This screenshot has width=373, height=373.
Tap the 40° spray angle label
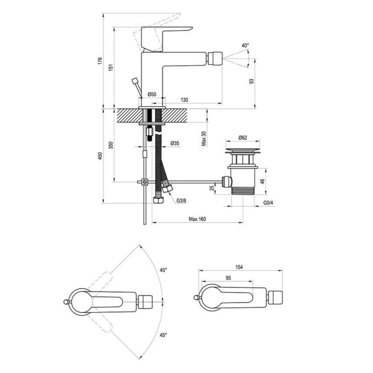pyautogui.click(x=245, y=45)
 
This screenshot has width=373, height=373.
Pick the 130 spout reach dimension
pyautogui.click(x=184, y=100)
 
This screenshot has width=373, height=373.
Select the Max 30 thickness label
pyautogui.click(x=204, y=138)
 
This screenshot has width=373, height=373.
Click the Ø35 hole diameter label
pyautogui.click(x=175, y=143)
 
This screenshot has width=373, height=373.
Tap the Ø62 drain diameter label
pyautogui.click(x=243, y=138)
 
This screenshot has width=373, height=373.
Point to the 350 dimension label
pyautogui.click(x=111, y=145)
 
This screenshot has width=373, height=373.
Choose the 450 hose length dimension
pyautogui.click(x=99, y=156)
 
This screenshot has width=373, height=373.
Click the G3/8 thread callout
pyautogui.click(x=181, y=200)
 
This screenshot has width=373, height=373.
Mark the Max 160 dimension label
pyautogui.click(x=197, y=219)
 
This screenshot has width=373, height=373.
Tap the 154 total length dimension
pyautogui.click(x=239, y=267)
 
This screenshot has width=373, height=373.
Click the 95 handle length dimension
pyautogui.click(x=228, y=278)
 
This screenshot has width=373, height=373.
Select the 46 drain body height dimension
pyautogui.click(x=262, y=181)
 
